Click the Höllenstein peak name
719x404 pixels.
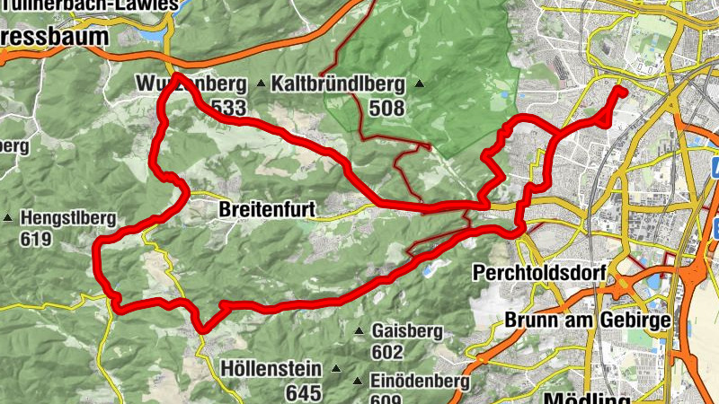pos(275,368)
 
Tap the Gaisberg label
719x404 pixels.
pos(406,331)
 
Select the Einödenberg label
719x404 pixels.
pos(419,381)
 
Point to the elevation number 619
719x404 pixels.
pos(40,240)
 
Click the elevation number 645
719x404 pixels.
pos(304,392)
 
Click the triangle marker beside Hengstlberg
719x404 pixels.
pos(9,217)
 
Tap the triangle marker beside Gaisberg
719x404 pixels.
pos(359,331)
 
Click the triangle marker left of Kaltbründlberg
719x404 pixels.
pos(262,84)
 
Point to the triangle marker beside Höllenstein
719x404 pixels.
pos(337,368)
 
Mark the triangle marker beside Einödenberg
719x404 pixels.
pos(359,381)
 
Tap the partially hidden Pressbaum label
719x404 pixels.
pos(54,37)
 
